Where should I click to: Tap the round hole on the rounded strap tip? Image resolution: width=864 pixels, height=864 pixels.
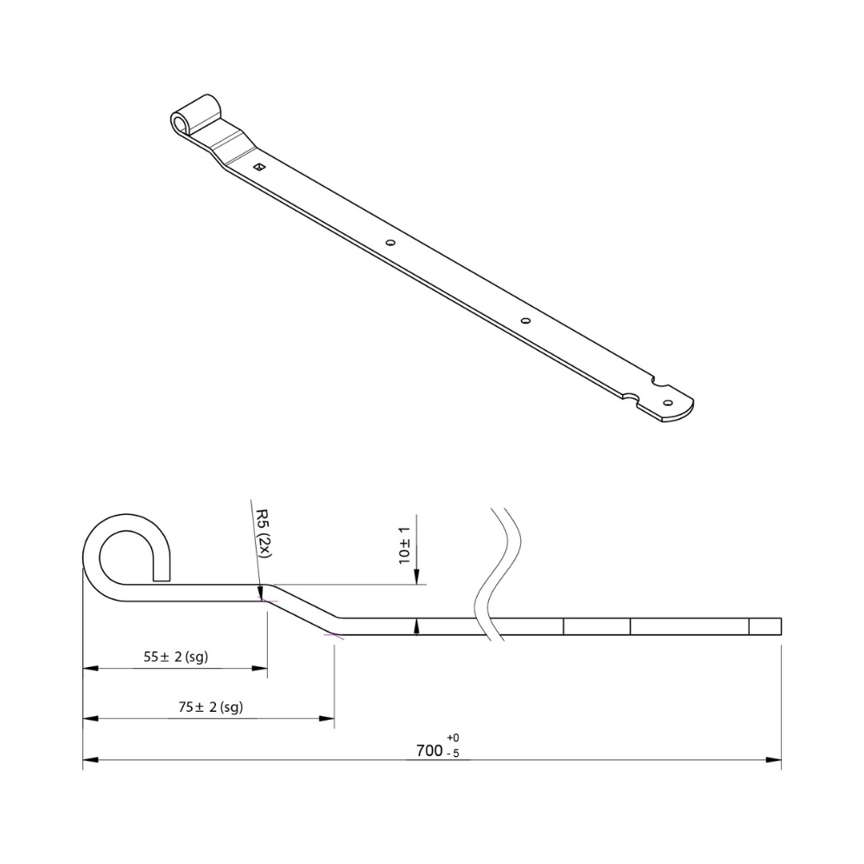[669, 403]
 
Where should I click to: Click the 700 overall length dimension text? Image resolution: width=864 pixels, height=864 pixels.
[429, 751]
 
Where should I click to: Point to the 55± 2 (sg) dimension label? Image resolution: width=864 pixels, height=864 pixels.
[175, 657]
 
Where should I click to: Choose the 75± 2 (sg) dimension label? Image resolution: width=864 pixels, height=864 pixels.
[211, 707]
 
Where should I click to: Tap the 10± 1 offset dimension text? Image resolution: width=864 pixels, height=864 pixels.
[404, 545]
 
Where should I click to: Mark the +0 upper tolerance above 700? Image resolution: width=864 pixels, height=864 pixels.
[453, 737]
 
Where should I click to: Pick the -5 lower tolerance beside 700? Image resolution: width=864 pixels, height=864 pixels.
[453, 753]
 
